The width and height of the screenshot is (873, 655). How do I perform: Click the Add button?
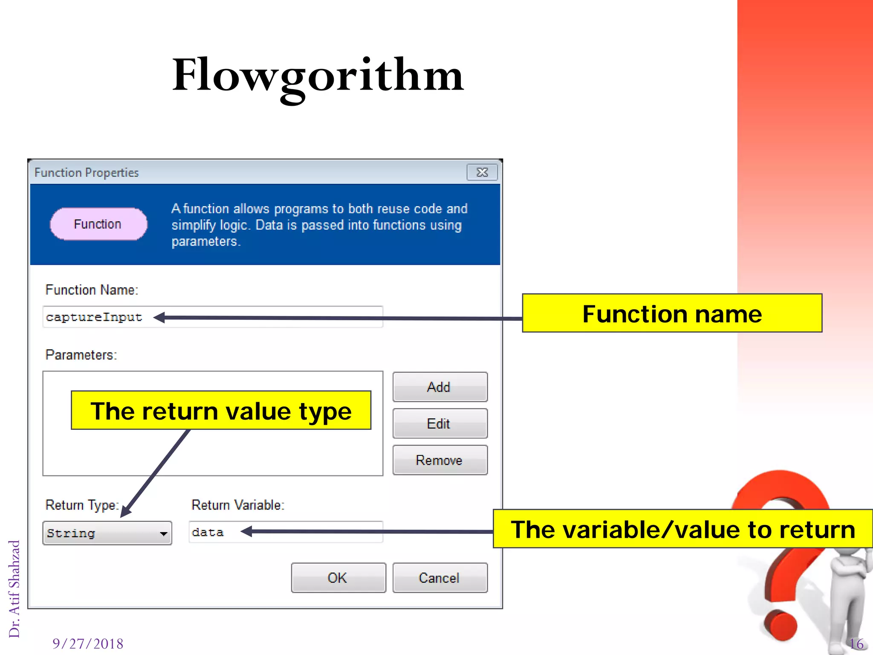coord(439,387)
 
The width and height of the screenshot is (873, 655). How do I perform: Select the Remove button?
coord(439,460)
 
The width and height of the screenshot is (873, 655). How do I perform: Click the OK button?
coord(338,578)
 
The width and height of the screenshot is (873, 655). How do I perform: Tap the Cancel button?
coord(439,578)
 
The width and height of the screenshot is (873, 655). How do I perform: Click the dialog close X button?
coord(482,172)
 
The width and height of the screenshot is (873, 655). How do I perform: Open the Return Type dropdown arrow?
coord(163,533)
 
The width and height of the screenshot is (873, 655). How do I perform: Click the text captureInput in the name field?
coord(94,317)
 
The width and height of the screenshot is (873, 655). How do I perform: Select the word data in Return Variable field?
coord(208,533)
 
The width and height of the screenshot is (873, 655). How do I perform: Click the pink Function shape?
coord(98,224)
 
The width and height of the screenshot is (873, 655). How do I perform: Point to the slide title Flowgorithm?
coord(318,76)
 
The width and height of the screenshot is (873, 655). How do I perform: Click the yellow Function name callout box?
coord(672,313)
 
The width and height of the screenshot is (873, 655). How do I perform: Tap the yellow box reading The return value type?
coord(221,410)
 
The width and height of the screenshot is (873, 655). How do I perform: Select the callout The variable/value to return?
coord(682,529)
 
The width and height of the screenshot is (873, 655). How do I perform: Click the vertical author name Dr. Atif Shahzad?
coord(14,588)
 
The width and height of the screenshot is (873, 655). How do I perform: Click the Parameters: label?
coord(81,355)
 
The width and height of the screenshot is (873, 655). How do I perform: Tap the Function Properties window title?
coord(87,173)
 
